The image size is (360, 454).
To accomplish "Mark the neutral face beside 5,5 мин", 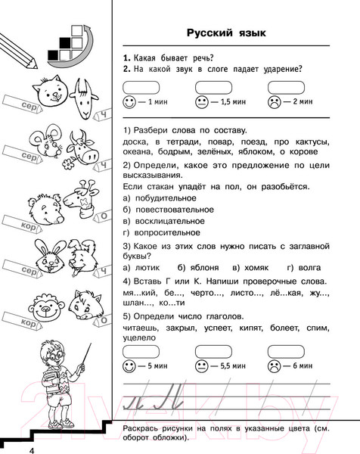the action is coord(202,365).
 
